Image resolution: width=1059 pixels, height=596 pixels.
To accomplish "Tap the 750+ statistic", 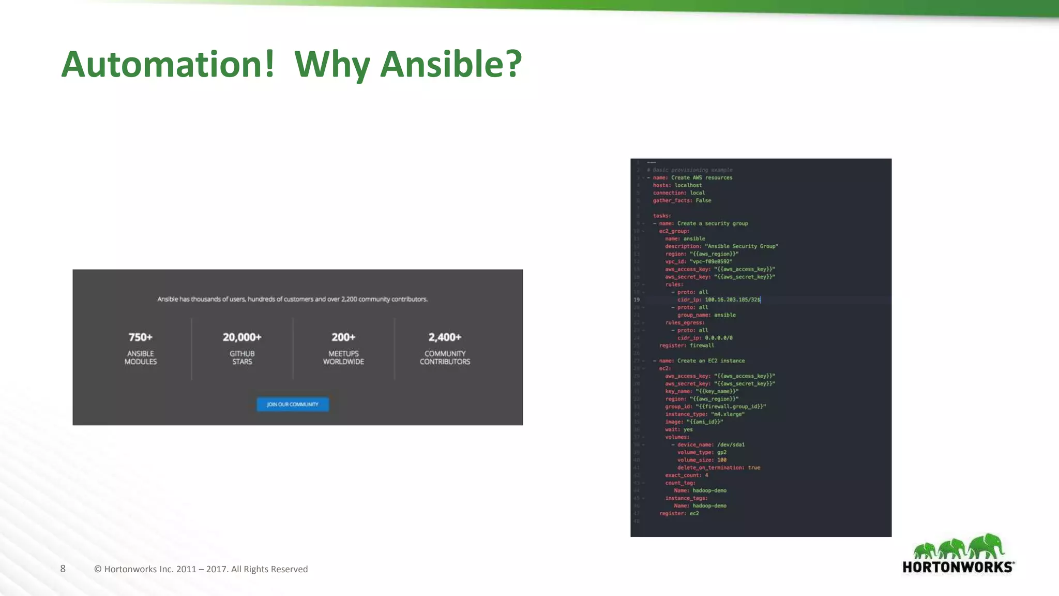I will (x=141, y=337).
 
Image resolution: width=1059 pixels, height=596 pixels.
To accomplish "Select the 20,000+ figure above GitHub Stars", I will (x=242, y=337).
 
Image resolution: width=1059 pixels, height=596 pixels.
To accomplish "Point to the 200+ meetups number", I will (x=343, y=337).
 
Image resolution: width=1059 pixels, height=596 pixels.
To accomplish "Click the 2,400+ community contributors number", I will (x=445, y=337).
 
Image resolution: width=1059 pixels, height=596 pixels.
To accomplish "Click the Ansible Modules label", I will (x=141, y=357).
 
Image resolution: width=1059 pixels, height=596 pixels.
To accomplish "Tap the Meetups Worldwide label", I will (x=343, y=357).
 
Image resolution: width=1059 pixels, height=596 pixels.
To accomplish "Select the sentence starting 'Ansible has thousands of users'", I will (x=293, y=299).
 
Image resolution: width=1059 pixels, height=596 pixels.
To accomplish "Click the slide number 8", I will (x=63, y=569).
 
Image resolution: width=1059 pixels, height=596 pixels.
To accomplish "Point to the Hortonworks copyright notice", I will (x=201, y=569).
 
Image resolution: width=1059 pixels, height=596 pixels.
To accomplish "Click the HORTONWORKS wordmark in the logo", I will (x=958, y=567).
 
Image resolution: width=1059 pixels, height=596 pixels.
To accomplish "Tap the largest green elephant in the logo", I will (x=987, y=546).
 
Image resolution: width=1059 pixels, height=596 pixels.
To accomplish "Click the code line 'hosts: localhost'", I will (x=677, y=185).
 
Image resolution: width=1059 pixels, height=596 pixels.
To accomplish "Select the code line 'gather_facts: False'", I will (x=682, y=201).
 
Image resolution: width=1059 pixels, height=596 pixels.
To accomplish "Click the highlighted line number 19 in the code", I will (x=637, y=300).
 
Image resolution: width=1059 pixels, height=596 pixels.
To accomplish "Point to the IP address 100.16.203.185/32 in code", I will (x=732, y=300).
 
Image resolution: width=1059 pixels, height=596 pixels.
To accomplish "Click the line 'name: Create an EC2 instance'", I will (x=702, y=361).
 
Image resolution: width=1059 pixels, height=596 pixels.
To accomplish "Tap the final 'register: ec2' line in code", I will (x=679, y=513).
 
